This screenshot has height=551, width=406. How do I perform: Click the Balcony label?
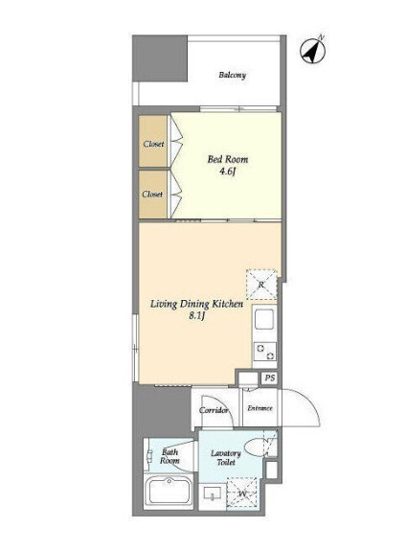[232, 75]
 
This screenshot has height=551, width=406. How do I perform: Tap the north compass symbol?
[312, 50]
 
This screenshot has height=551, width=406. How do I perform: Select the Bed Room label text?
[228, 159]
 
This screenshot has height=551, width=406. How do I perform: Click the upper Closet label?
[153, 144]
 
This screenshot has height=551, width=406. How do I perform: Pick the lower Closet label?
[153, 194]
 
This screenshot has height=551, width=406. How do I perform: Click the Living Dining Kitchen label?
[196, 304]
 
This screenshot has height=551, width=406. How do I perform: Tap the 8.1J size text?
[196, 316]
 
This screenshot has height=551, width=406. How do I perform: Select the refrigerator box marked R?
[261, 285]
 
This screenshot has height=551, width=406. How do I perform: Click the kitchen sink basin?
[264, 319]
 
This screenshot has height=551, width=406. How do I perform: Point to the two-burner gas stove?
[265, 351]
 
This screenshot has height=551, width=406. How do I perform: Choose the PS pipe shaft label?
[270, 379]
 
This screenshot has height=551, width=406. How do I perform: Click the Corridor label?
[214, 410]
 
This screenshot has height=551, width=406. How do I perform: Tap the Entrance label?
[259, 408]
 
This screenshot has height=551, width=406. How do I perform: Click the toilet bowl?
[256, 447]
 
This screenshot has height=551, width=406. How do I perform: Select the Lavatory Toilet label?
[226, 457]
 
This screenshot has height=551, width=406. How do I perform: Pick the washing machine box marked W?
[242, 493]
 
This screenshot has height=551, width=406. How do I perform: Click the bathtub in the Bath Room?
[169, 492]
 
